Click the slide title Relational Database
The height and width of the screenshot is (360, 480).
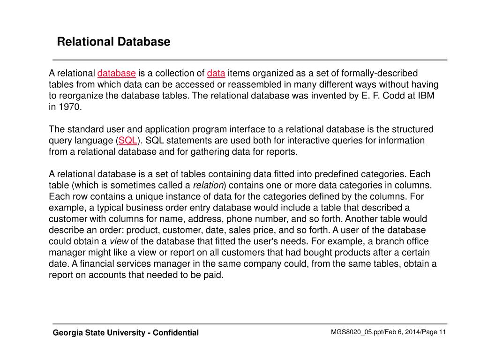point(113,42)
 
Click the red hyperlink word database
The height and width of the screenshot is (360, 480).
point(117,74)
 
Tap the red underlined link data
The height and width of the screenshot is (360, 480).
point(216,74)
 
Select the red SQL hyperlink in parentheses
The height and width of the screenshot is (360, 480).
point(127,141)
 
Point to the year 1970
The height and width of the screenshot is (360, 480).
point(70,107)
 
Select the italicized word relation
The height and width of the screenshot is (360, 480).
point(209,185)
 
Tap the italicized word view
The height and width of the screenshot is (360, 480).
point(119,241)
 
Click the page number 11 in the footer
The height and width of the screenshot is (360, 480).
point(442,332)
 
